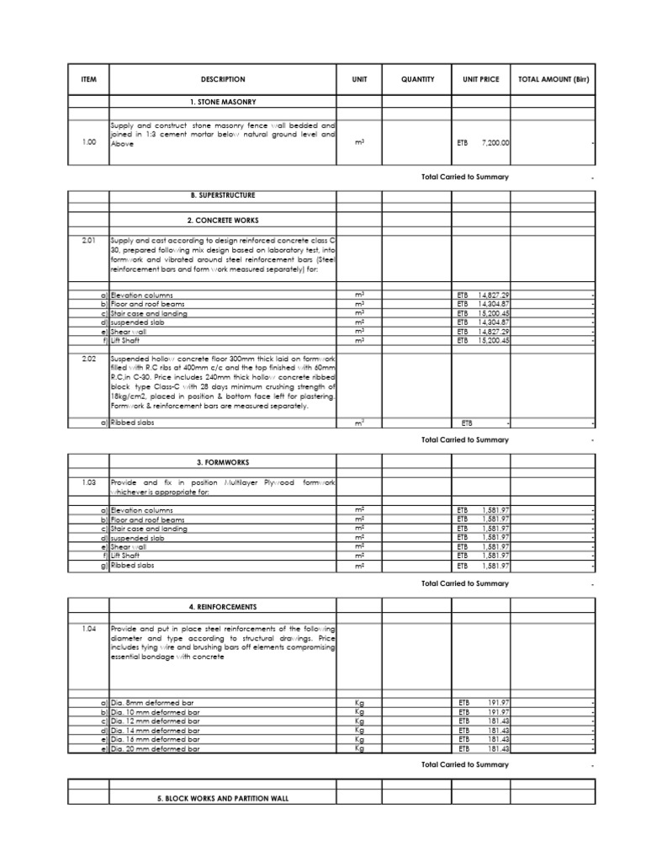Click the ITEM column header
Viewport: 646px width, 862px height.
coord(88,79)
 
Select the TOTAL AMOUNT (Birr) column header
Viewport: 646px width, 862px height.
coord(553,79)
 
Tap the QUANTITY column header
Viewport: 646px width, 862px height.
coord(417,79)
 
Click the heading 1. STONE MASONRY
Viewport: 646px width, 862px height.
coord(223,102)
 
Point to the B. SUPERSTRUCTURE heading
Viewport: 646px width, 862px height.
coord(223,195)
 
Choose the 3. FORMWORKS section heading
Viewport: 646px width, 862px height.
coord(223,462)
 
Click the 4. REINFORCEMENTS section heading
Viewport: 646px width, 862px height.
coord(223,606)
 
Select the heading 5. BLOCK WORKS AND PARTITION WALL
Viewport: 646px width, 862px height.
coord(223,797)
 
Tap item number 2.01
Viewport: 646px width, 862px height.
coord(88,240)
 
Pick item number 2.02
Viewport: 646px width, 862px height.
coord(88,357)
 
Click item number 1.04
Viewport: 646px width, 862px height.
coord(88,629)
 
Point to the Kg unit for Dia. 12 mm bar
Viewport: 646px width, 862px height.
coord(359,721)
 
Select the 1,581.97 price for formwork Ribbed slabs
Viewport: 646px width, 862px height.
coord(491,566)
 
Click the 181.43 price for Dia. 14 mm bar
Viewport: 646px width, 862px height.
coord(496,730)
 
